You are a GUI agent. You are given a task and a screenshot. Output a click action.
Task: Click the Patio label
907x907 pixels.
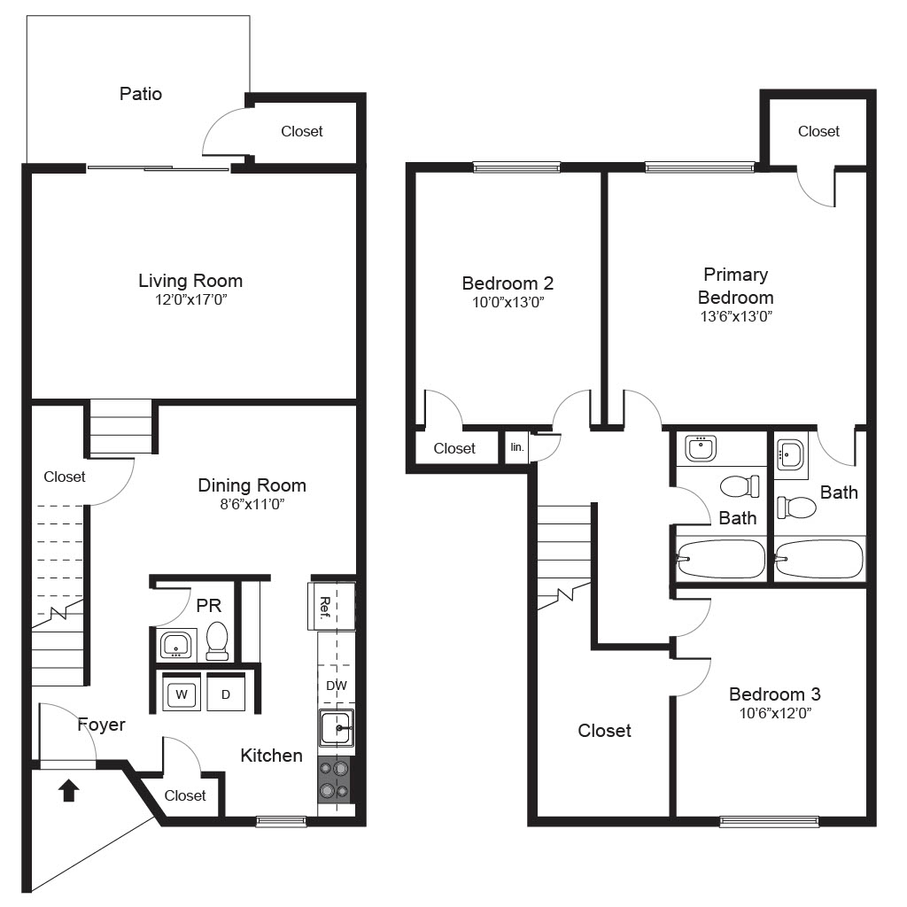pos(141,94)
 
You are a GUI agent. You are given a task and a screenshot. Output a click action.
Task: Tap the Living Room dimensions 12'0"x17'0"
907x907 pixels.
pos(191,299)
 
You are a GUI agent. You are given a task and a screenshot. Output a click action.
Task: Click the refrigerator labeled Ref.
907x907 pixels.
pos(331,606)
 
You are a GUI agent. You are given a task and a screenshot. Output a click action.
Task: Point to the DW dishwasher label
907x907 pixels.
pos(336,686)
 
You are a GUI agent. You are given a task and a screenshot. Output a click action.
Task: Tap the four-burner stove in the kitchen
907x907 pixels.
pos(334,779)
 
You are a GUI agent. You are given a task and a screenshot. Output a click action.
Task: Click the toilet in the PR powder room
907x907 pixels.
pos(218,640)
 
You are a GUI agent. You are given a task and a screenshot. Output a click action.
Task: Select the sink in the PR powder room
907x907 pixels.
pos(175,645)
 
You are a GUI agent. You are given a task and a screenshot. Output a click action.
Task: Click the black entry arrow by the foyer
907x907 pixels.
pos(69,790)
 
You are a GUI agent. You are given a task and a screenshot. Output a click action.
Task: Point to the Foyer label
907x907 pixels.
pos(101,725)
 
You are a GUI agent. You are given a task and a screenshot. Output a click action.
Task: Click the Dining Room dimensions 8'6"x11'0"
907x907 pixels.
pos(252,504)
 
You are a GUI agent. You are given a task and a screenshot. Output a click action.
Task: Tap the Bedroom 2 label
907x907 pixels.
pos(508,283)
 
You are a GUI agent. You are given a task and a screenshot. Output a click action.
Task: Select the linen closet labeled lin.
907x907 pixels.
pos(517,447)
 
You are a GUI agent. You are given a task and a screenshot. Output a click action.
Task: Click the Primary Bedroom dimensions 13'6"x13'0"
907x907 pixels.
pos(736,316)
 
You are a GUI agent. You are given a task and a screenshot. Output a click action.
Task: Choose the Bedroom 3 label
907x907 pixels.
pos(775,694)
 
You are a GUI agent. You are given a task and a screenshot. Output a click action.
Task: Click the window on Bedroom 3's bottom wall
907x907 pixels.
pos(770,821)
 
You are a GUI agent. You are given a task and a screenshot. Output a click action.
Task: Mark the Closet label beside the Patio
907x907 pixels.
pos(302,131)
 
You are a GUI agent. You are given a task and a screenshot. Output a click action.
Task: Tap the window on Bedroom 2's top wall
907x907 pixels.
pos(516,167)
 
